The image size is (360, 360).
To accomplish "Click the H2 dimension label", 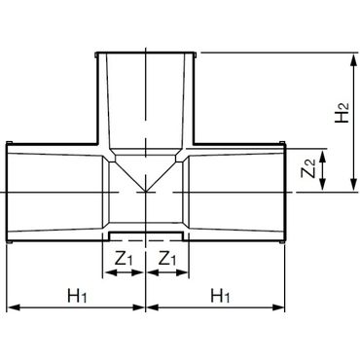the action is coord(342,112).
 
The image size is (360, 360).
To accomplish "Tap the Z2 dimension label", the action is coord(308,169).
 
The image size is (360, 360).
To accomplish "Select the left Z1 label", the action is coord(124,259).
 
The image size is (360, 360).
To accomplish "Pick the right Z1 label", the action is coord(168,259).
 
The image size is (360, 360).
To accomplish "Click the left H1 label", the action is coord(77,296).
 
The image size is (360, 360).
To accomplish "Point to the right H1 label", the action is coord(221,296).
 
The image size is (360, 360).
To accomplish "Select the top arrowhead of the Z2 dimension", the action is coord(322,156).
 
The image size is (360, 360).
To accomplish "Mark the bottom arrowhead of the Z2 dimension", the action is coord(322,185).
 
